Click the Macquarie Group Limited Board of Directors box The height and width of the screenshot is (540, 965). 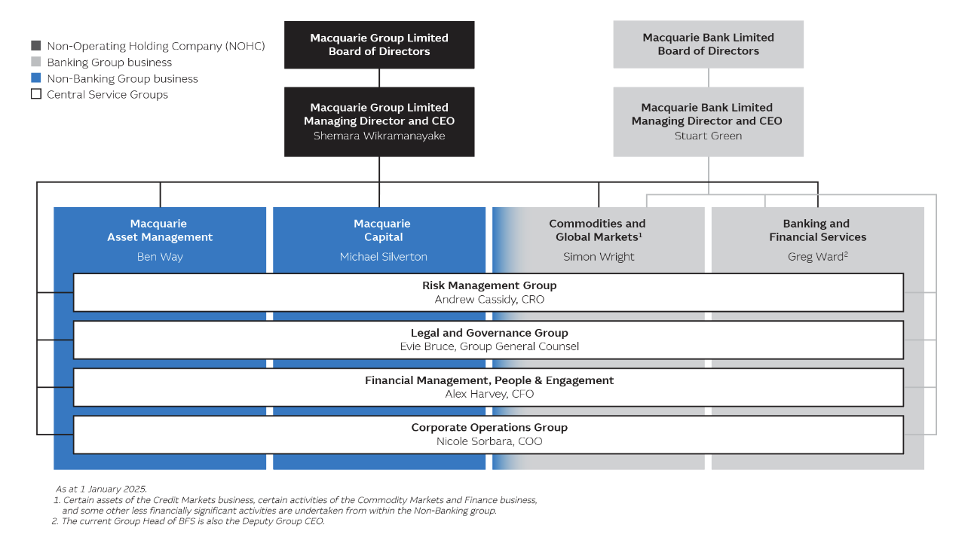coord(379,44)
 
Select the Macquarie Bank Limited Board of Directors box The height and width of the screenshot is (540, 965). coord(708,44)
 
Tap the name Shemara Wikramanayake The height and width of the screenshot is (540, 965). coord(379,136)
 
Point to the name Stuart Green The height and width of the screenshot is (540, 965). coord(708,136)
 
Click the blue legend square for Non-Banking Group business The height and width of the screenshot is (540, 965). coord(36,78)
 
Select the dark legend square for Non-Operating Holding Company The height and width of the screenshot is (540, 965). coord(36,46)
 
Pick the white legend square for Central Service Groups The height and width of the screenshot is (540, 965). coord(36,94)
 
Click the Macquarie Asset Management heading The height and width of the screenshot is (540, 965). coord(160,230)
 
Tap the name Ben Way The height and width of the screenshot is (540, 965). coord(160,257)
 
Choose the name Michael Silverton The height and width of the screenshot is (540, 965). coord(383,257)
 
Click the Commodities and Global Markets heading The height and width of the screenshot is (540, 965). coord(598,230)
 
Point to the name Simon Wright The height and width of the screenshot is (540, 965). coord(599,257)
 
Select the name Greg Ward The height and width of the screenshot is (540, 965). coord(815,257)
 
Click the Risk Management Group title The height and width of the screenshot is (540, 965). coord(489,285)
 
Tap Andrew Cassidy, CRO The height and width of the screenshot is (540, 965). coord(489,300)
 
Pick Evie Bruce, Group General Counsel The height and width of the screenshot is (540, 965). coord(489,346)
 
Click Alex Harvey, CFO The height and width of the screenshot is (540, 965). coord(489,394)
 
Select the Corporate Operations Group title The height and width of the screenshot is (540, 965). coord(489,427)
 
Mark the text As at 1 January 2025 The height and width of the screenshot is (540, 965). coord(101,489)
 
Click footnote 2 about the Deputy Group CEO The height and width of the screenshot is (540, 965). coord(188,521)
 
